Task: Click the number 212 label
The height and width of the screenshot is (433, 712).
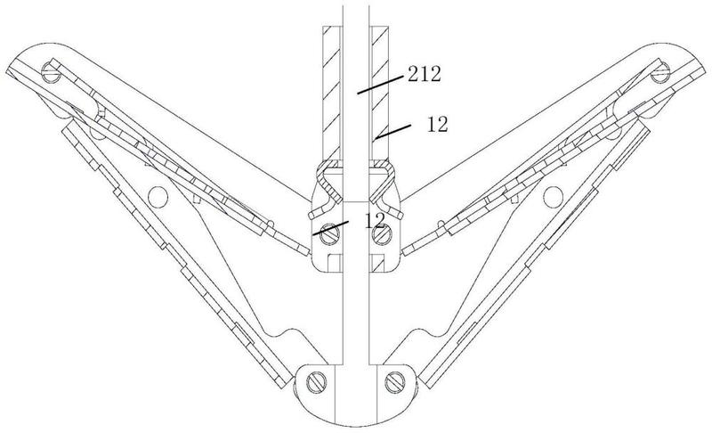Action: coord(425,74)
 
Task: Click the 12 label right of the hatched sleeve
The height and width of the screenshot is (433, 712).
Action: coord(437,124)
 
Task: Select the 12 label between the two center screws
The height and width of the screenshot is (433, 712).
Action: coord(375,220)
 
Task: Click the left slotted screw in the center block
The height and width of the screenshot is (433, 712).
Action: coord(329,233)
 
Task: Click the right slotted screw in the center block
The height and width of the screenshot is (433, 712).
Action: coord(383,233)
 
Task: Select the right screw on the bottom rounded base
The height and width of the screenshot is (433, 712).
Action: coord(394,382)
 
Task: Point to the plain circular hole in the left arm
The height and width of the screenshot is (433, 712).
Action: coord(158,196)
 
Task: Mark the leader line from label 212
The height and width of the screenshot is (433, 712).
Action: coord(381,85)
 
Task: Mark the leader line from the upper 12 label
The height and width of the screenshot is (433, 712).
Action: coord(392,130)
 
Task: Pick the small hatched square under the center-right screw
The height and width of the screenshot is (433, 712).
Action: coord(379,263)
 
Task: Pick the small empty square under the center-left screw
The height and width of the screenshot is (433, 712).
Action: coord(336,263)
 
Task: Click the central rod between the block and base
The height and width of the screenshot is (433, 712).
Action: coord(356,318)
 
